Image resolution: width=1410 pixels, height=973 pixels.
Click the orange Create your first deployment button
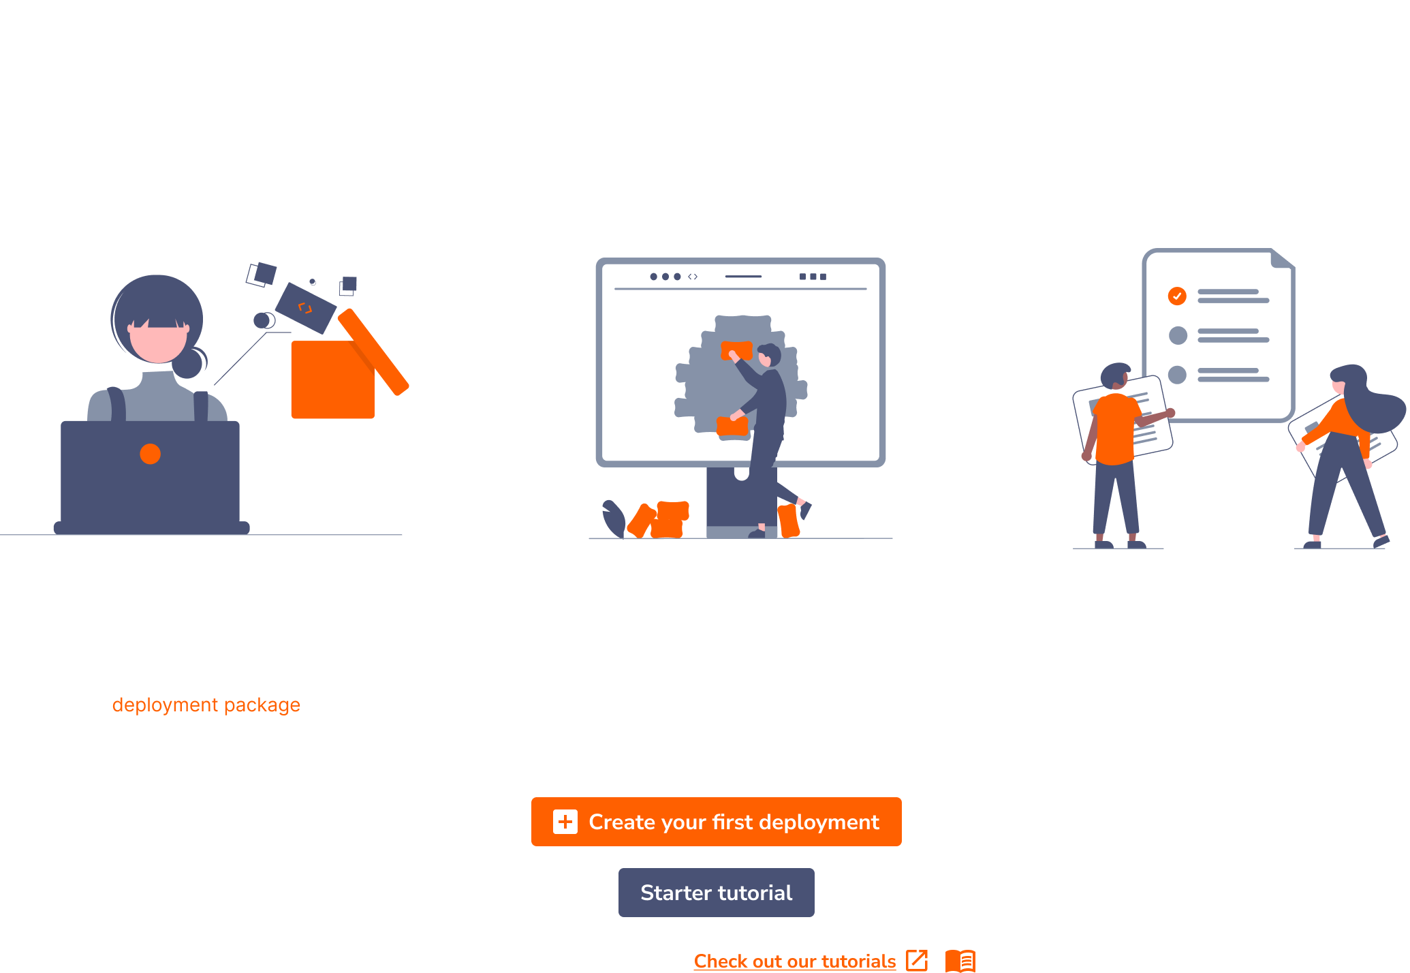click(716, 822)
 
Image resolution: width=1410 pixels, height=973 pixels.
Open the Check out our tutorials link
click(794, 961)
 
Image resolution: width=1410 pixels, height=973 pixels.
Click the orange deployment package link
click(206, 705)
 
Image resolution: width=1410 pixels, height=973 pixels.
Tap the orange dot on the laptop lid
click(150, 454)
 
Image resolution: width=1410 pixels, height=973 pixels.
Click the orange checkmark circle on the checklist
click(1177, 296)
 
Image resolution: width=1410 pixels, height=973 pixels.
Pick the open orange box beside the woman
click(332, 379)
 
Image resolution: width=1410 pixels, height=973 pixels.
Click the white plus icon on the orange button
click(565, 822)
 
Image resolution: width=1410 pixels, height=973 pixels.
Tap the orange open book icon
click(960, 961)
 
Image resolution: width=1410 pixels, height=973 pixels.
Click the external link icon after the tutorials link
click(917, 961)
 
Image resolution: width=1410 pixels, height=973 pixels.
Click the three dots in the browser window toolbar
click(665, 277)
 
